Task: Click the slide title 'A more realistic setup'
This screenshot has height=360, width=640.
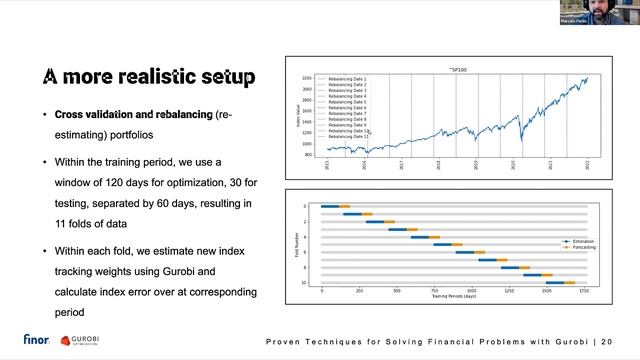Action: point(148,77)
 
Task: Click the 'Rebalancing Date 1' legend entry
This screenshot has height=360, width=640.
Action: point(347,78)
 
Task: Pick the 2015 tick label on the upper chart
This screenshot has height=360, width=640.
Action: point(327,168)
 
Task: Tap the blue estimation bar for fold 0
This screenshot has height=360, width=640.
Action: point(331,206)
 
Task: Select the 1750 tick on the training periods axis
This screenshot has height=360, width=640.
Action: point(585,291)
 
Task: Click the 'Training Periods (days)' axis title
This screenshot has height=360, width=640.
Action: point(453,297)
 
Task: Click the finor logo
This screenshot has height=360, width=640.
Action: point(38,340)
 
